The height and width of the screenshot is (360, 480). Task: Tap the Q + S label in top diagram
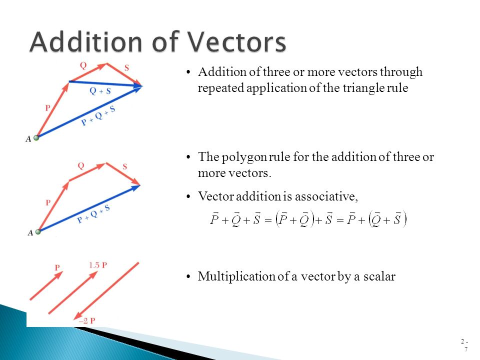pos(100,91)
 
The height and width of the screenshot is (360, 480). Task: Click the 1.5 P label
pos(97,265)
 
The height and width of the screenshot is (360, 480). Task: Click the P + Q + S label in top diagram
pos(98,116)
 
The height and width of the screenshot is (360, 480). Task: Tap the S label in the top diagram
pos(126,68)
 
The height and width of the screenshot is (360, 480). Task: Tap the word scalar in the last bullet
pos(379,276)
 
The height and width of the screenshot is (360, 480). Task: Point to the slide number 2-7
pos(465,345)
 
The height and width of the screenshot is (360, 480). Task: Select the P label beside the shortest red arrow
pos(57,268)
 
